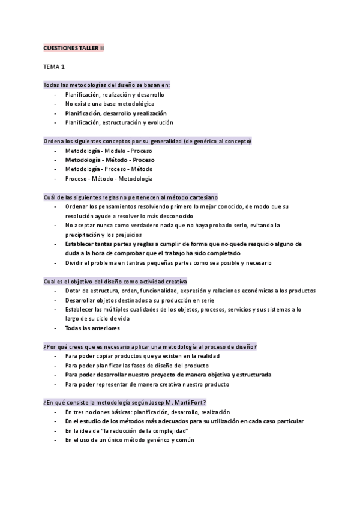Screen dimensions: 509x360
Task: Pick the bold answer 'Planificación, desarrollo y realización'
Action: [x=116, y=113]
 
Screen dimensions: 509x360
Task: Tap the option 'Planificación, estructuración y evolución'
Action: [x=119, y=122]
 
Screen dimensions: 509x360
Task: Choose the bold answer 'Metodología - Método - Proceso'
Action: [x=110, y=160]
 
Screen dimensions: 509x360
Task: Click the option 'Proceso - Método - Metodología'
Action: [x=109, y=178]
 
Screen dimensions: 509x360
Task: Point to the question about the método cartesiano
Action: [x=131, y=197]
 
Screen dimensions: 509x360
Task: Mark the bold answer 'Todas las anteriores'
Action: [x=92, y=328]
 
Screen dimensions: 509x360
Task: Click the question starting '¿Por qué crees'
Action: [x=150, y=346]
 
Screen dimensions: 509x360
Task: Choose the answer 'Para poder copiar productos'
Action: [x=133, y=356]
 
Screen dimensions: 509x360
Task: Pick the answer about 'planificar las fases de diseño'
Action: [x=137, y=366]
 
